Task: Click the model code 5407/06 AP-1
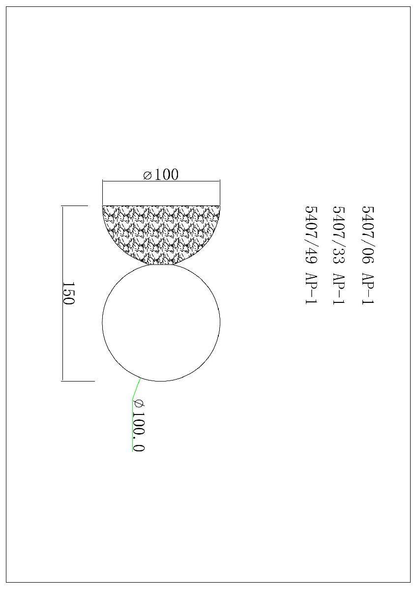click(368, 255)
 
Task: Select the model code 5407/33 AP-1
click(339, 255)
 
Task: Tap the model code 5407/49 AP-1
click(311, 255)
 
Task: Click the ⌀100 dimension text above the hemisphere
click(161, 174)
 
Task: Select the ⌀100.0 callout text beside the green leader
click(139, 429)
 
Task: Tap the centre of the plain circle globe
click(161, 323)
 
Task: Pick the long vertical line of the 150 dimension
click(62, 293)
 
